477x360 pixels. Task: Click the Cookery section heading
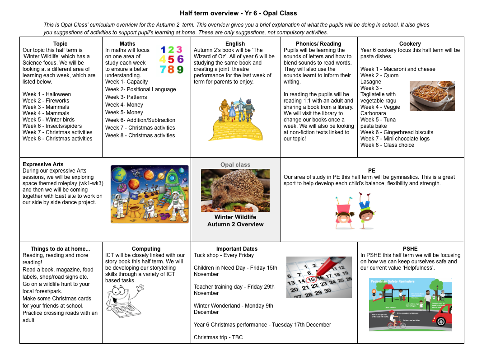point(410,44)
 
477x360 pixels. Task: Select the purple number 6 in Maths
point(180,59)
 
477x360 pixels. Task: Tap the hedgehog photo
point(235,190)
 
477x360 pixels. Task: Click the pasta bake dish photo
point(432,96)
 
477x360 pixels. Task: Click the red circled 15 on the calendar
point(311,280)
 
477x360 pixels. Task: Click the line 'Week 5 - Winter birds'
point(47,120)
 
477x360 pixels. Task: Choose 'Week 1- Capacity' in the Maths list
point(126,82)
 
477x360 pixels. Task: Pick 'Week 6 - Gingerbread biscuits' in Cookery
point(397,132)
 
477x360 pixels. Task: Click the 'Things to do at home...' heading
point(61,249)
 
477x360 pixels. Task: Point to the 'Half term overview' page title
point(238,13)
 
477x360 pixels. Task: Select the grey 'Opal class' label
point(235,165)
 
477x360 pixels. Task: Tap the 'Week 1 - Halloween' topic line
point(47,94)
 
